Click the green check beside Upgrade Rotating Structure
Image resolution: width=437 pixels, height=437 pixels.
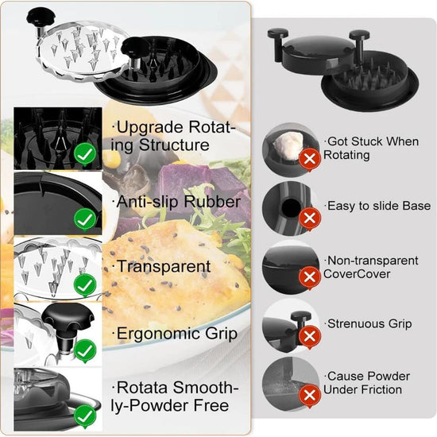[84, 153]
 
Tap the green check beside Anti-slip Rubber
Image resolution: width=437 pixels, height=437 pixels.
[84, 218]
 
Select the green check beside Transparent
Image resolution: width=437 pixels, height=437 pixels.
[84, 284]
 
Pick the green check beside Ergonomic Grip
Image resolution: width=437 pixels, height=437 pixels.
[84, 350]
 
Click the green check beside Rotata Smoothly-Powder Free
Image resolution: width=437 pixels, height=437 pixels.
[84, 415]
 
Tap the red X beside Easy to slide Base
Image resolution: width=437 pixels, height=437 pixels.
[310, 217]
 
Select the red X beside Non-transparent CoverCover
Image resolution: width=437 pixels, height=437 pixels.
[310, 277]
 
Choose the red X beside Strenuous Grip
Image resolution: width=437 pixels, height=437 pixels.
[310, 336]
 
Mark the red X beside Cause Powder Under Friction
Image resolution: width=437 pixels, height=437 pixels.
[310, 395]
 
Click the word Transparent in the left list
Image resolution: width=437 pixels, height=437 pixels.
[164, 267]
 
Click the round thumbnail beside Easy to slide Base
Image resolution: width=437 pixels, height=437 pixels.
[289, 207]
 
